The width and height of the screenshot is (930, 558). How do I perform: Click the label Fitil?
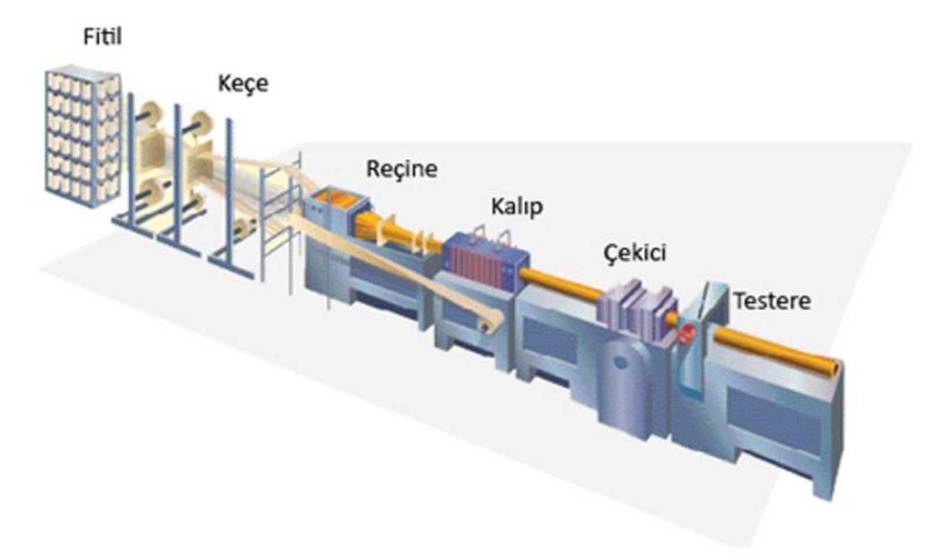point(103,37)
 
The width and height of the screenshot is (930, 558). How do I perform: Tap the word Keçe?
point(243,84)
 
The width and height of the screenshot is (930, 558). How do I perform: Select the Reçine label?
point(401,169)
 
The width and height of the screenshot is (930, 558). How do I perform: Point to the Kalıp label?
point(517,207)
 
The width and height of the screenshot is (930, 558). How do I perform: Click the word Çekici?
point(635,254)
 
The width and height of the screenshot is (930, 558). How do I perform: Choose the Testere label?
point(772,301)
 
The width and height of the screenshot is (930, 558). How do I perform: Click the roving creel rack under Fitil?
point(83,136)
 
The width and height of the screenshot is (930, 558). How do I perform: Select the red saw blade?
point(687,334)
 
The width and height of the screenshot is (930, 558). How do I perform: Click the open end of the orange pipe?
point(834,369)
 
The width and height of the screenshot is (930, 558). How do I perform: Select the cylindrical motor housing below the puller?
point(623,380)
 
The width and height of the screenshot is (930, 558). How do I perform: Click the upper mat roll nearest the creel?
point(153,116)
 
